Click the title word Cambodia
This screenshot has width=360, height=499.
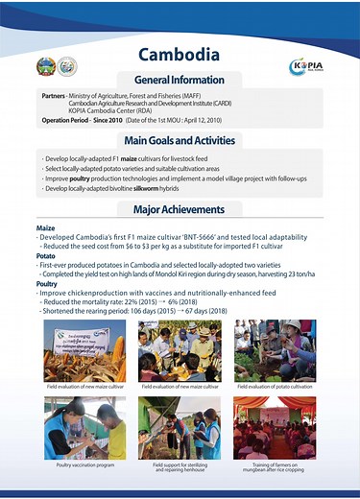point(180,54)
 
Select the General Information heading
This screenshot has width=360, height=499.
point(180,80)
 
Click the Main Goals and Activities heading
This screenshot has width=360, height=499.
point(180,140)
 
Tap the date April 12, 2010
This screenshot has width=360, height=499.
point(200,121)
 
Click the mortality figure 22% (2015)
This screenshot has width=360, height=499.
point(132,301)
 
